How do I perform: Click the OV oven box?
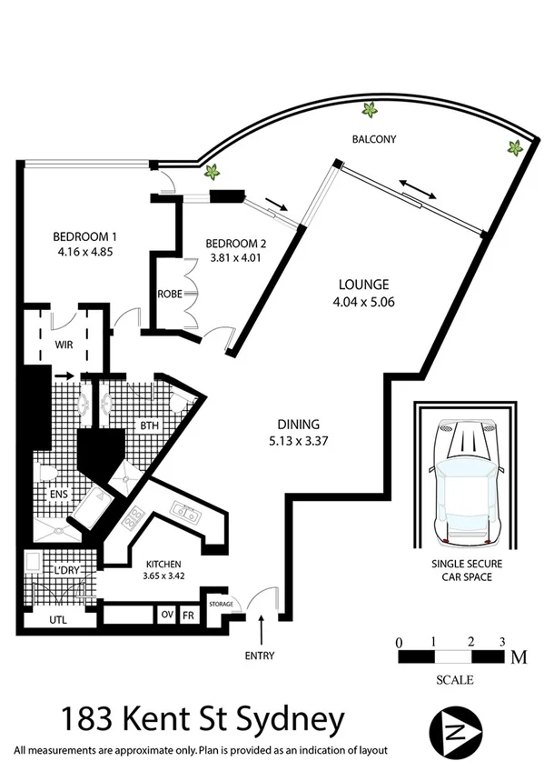[166, 615]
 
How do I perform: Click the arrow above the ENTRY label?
[263, 627]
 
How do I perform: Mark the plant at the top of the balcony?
[370, 111]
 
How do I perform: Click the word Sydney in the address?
[296, 720]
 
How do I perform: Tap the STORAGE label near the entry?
[221, 604]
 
